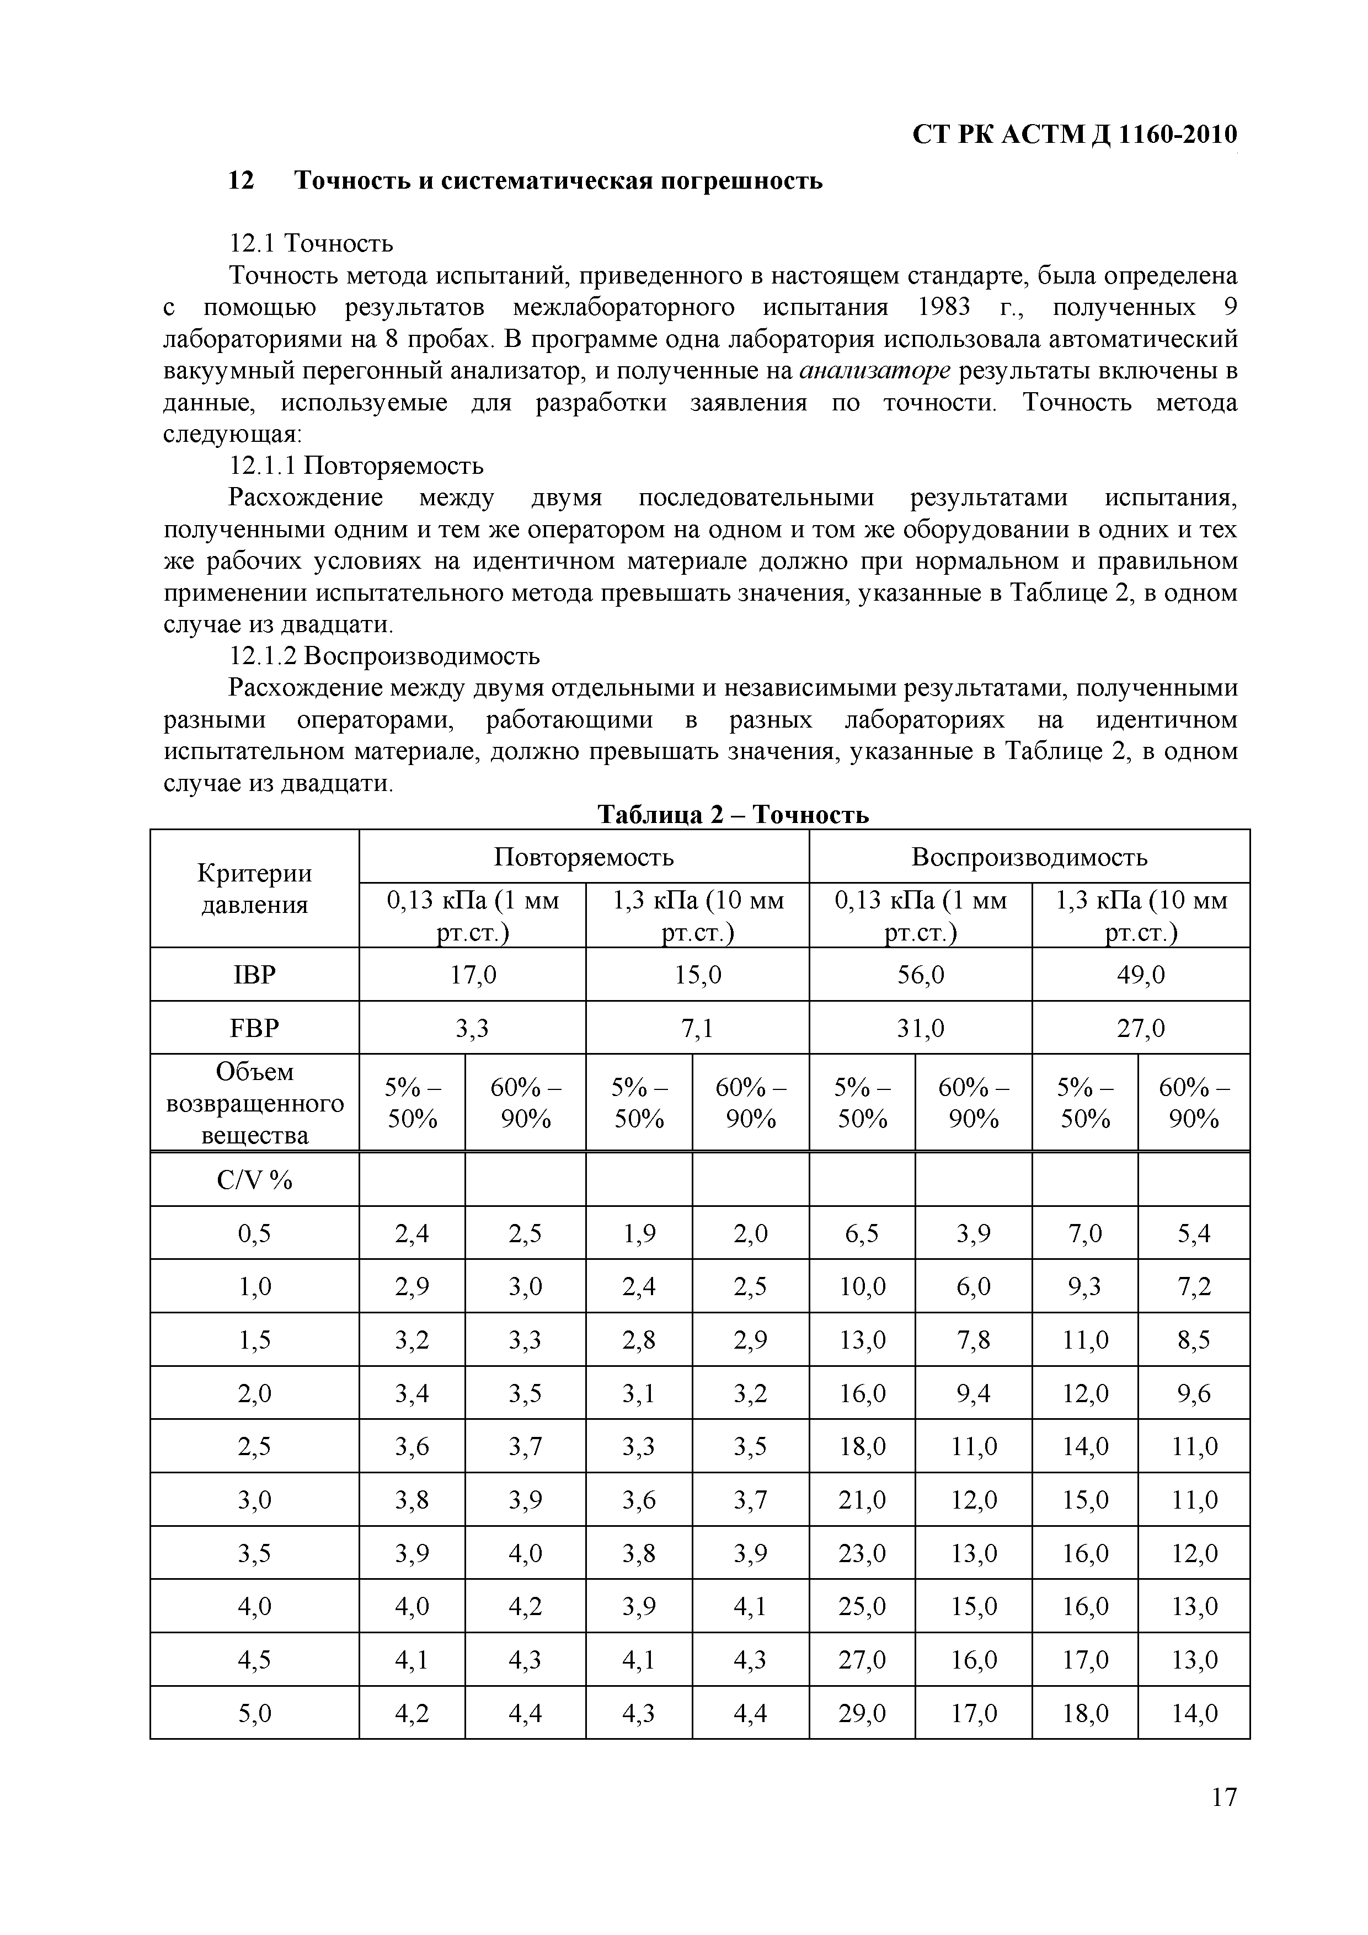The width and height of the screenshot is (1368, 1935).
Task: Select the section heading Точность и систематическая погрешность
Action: pos(558,180)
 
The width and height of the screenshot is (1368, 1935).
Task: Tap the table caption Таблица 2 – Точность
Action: pos(733,814)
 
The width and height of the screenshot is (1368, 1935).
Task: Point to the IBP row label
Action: pos(254,975)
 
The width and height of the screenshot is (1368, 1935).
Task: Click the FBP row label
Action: pos(254,1028)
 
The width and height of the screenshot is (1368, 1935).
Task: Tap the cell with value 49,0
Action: pos(1140,975)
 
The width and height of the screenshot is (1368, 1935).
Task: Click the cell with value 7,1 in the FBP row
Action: pos(697,1028)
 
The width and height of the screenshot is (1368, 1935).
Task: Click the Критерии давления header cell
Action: pos(254,889)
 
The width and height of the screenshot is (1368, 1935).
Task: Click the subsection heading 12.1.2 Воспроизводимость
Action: pos(384,656)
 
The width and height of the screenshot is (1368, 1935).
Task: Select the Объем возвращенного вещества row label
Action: pos(254,1103)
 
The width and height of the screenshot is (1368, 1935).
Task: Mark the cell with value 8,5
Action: pos(1194,1340)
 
